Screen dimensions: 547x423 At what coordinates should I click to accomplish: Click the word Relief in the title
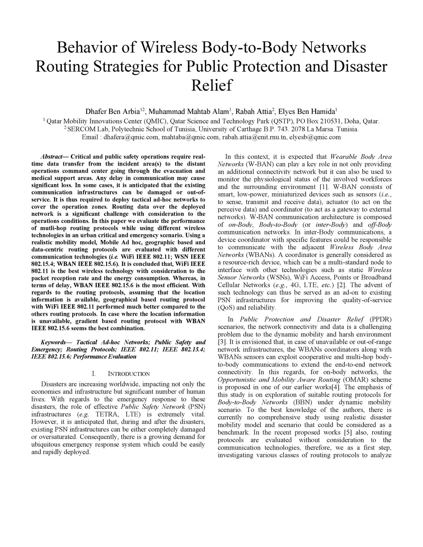tap(211, 85)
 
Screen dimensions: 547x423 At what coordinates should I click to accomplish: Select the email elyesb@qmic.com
tap(315, 137)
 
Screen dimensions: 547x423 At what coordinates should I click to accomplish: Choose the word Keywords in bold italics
tap(53, 342)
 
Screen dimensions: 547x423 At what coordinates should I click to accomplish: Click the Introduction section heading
tap(129, 374)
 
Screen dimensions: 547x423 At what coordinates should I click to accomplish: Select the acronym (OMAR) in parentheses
tap(354, 380)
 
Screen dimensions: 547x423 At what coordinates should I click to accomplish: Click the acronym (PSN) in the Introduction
tap(196, 407)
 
